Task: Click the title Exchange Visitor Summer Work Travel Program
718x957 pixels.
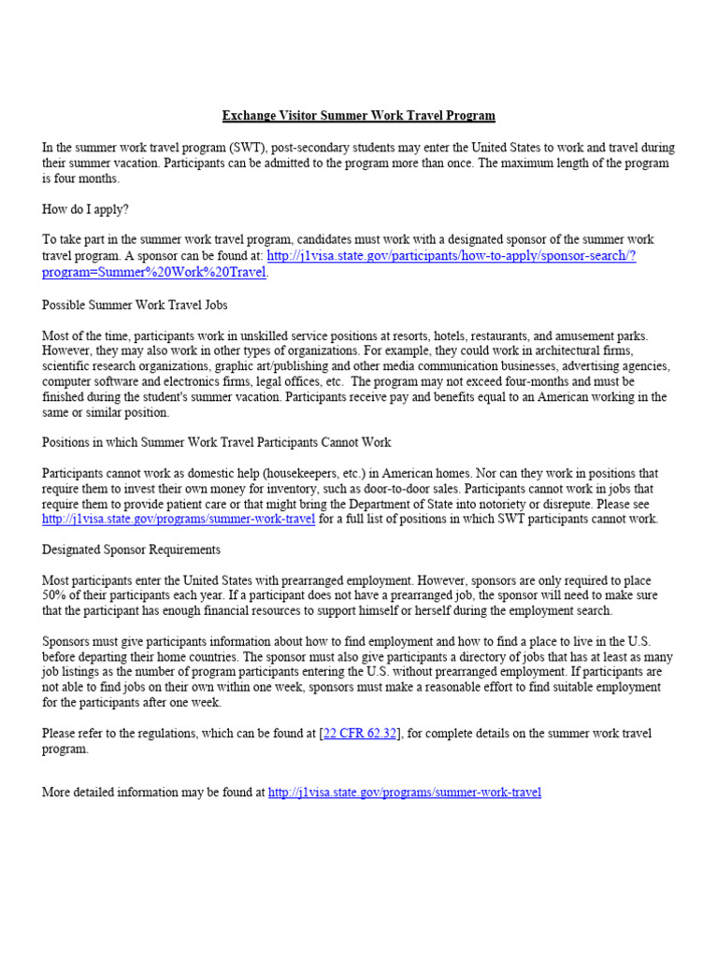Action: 358,116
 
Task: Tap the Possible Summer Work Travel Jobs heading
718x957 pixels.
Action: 135,305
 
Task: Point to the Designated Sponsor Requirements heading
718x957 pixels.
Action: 131,550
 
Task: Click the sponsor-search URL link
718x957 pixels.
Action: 451,256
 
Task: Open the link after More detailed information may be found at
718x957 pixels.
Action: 404,793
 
